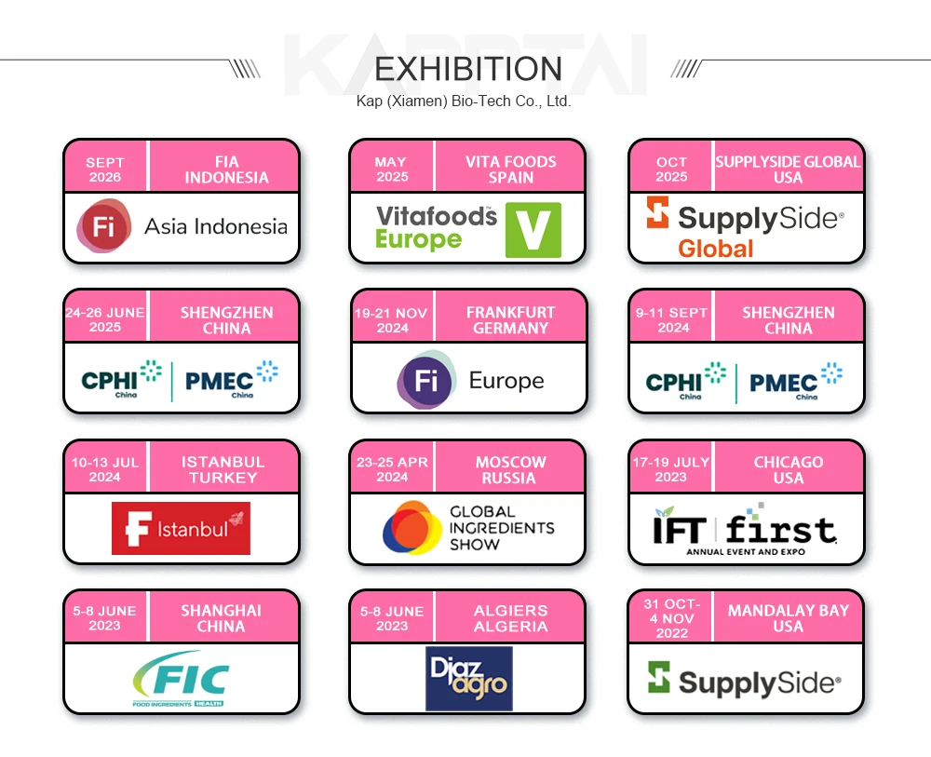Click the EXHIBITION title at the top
467,69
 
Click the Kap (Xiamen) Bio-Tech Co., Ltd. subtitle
463,101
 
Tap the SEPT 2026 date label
104,169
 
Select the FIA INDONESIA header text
226,169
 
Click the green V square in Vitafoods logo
533,229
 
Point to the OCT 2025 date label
671,169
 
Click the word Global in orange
715,249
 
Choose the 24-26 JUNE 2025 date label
105,319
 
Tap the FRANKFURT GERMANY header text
510,320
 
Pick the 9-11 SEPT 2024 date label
672,319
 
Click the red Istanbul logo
181,528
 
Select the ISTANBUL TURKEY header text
223,469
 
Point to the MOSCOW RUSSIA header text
510,469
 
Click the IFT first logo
745,531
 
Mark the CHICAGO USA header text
788,469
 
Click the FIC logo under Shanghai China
181,679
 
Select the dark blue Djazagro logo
468,679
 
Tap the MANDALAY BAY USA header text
788,618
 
